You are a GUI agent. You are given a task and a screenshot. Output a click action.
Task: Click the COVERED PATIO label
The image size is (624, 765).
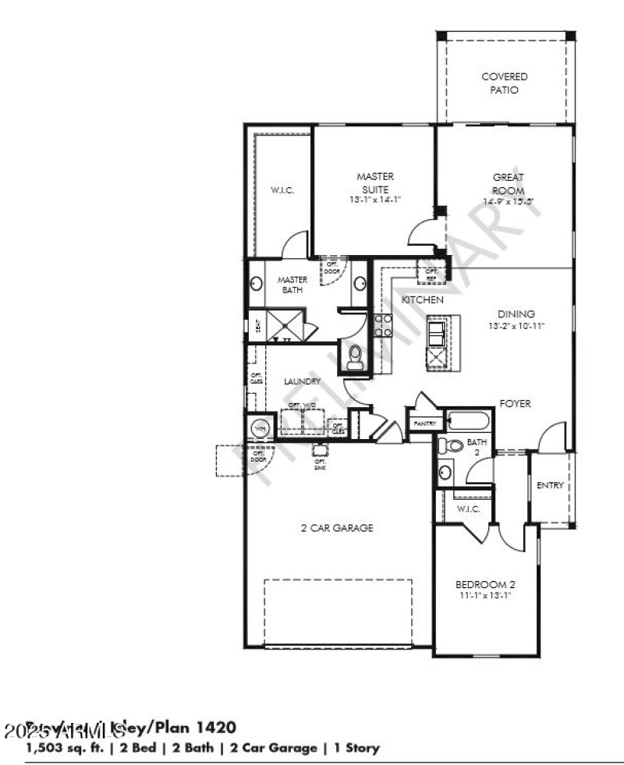(x=504, y=83)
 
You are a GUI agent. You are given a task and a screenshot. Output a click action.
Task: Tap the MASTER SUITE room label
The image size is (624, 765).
(x=375, y=182)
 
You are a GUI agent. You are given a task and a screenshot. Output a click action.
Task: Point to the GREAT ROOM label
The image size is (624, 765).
(x=508, y=184)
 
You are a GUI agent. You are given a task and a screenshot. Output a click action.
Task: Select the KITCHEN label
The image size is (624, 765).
(x=423, y=299)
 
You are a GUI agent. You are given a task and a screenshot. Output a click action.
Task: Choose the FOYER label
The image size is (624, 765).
(x=516, y=404)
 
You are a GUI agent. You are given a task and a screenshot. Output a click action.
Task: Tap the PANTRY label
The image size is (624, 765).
(x=425, y=423)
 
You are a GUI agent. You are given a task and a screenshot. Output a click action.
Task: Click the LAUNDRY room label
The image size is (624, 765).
(x=303, y=381)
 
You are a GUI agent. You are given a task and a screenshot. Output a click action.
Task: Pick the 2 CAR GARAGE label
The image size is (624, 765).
(x=337, y=528)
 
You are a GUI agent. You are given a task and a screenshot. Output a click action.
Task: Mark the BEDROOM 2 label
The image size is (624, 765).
(x=485, y=584)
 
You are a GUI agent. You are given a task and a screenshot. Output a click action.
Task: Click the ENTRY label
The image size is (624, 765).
(x=550, y=486)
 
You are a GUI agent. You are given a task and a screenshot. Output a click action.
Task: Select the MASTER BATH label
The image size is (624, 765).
(x=293, y=285)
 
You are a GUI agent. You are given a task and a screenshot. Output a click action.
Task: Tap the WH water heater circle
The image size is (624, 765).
(x=260, y=428)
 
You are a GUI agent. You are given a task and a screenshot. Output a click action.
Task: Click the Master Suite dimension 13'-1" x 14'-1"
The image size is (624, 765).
(x=375, y=200)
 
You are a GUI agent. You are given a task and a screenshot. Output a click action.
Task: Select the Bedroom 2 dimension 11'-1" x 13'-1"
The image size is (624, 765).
(x=485, y=595)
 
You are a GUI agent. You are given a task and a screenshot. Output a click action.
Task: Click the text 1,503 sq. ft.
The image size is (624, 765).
(x=59, y=749)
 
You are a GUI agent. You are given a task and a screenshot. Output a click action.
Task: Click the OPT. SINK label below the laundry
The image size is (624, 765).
(x=320, y=463)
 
